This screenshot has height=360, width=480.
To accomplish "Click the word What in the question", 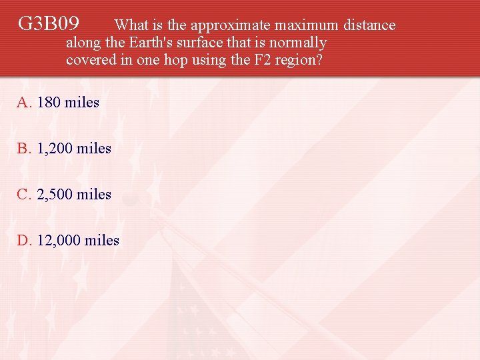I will click(131, 25).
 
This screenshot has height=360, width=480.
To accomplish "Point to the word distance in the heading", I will click(369, 25).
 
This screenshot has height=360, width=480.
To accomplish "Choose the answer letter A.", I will click(24, 103).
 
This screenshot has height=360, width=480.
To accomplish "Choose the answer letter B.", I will click(24, 149).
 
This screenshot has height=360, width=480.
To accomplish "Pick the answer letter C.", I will click(24, 195).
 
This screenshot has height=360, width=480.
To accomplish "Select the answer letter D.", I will click(24, 241).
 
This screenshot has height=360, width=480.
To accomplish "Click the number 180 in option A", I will click(49, 103).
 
